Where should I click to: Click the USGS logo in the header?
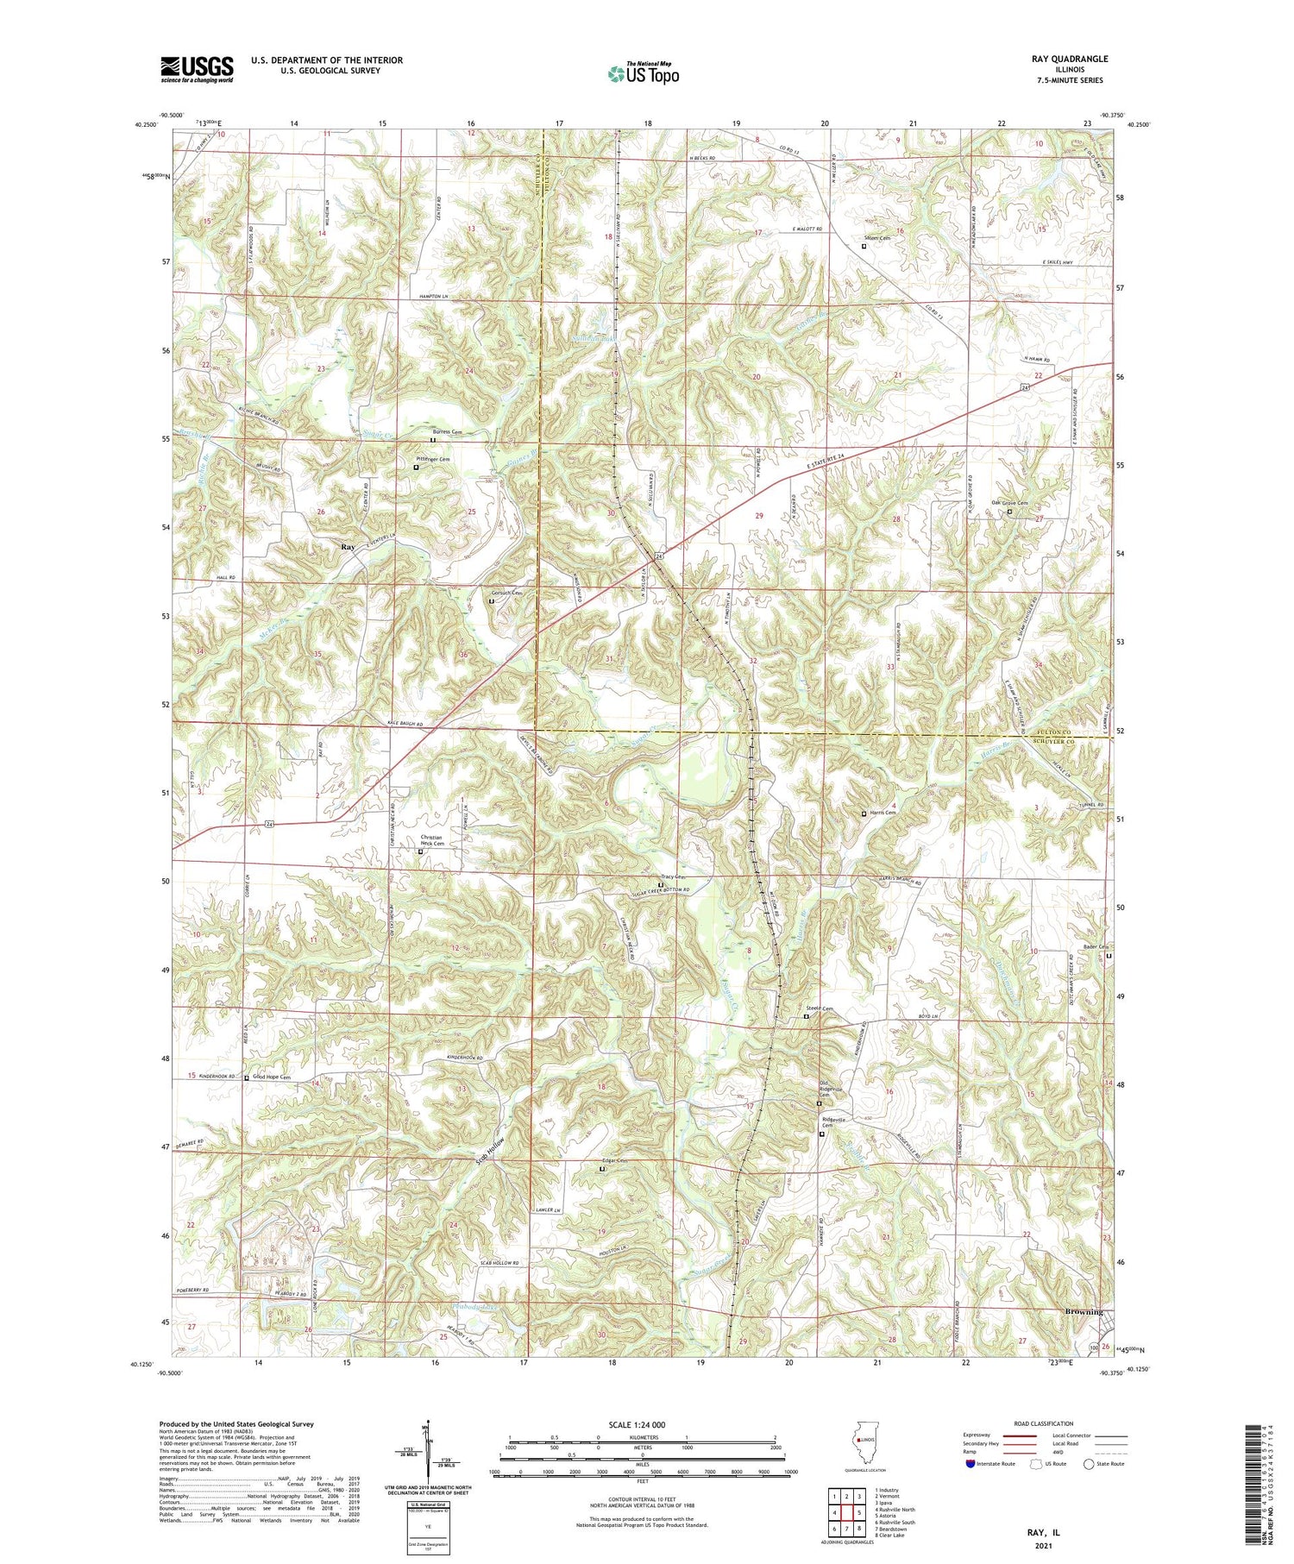point(197,69)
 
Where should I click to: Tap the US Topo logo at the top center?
point(643,73)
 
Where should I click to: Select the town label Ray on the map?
point(348,547)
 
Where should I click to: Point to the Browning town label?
point(1084,1312)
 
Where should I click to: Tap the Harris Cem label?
point(883,813)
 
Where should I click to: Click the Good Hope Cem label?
point(272,1077)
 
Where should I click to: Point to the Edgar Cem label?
point(616,1160)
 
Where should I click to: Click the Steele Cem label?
point(820,1008)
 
